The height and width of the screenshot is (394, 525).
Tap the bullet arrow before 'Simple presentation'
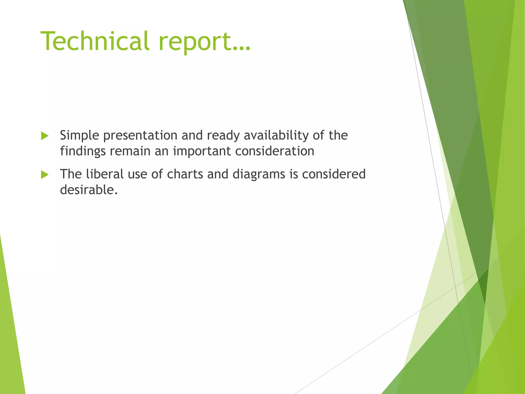[x=45, y=136]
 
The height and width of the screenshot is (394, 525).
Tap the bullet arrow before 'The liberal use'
[x=45, y=175]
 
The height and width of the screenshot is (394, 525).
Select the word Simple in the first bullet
[x=79, y=136]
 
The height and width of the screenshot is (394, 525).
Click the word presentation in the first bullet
[x=140, y=136]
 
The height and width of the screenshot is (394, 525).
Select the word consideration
[x=275, y=151]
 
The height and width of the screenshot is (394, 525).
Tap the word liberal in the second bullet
[x=105, y=174]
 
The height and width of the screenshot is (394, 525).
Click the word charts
[x=185, y=174]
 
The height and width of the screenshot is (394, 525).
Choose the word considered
[x=334, y=174]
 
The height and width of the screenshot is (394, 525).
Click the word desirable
[x=89, y=190]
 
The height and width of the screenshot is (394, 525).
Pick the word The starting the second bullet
[x=71, y=174]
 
